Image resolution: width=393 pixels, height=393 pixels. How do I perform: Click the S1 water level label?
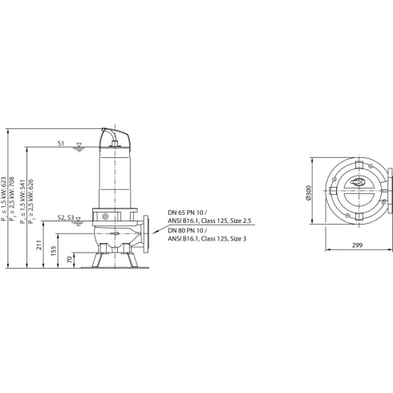pos(61,143)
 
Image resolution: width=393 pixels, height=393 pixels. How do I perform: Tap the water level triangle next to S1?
pos(78,147)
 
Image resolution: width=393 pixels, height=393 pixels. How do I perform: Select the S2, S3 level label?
pos(68,218)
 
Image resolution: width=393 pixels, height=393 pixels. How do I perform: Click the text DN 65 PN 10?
pos(186,213)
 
